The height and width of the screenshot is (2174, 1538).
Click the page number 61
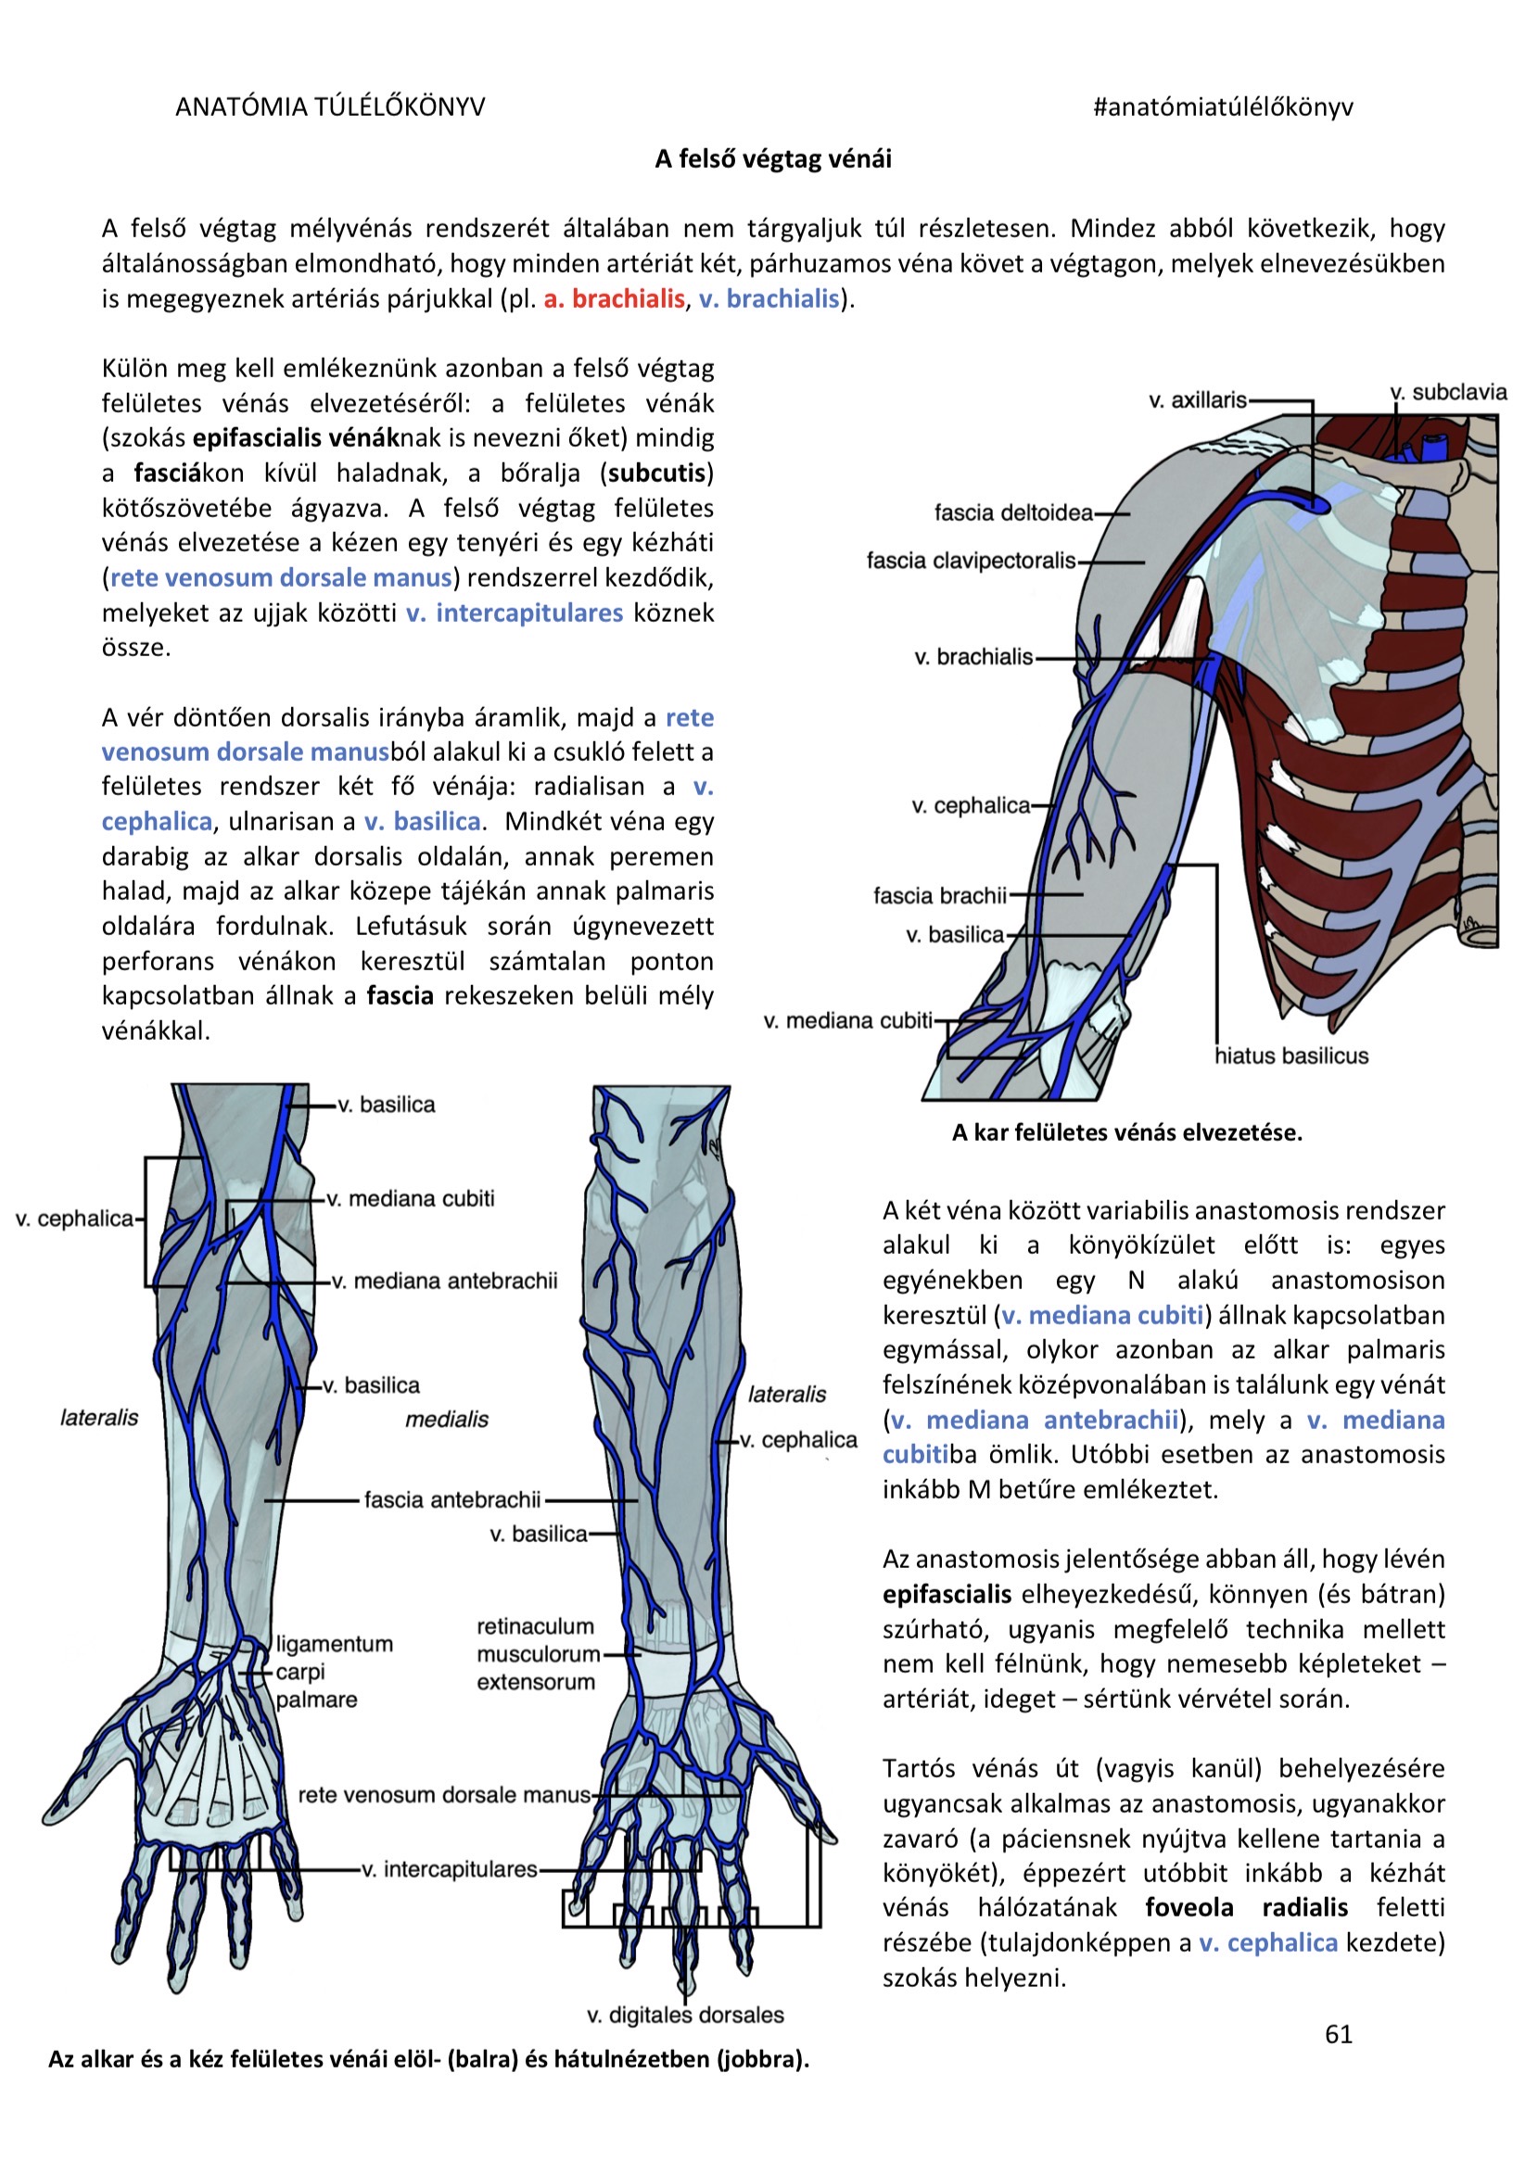pyautogui.click(x=1338, y=2034)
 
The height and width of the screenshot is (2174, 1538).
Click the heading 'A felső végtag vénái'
pyautogui.click(x=773, y=159)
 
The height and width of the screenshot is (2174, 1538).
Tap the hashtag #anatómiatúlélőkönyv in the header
pyautogui.click(x=1223, y=107)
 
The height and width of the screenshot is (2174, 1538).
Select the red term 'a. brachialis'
pyautogui.click(x=614, y=299)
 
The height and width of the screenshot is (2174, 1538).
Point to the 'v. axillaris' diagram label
pyautogui.click(x=1197, y=400)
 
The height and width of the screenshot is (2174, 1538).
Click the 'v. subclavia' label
pyautogui.click(x=1448, y=392)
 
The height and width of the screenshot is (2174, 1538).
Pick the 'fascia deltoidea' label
pyautogui.click(x=1013, y=513)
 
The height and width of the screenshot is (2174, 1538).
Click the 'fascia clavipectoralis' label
pyautogui.click(x=971, y=561)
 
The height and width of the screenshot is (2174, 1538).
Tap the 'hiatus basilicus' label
pyautogui.click(x=1291, y=1055)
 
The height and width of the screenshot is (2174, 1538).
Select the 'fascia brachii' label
pyautogui.click(x=939, y=896)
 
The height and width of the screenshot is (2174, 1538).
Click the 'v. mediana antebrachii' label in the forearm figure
pyautogui.click(x=444, y=1281)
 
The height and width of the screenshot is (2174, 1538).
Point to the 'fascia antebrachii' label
pyautogui.click(x=452, y=1499)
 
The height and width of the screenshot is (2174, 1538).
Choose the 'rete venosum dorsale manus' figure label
pyautogui.click(x=444, y=1795)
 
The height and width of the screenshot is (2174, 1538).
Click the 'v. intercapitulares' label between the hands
pyautogui.click(x=450, y=1870)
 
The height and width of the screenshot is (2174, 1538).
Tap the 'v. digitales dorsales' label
pyautogui.click(x=686, y=2015)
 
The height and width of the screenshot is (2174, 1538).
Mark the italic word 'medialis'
pyautogui.click(x=447, y=1420)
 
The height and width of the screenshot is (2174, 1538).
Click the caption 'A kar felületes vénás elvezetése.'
pyautogui.click(x=1127, y=1132)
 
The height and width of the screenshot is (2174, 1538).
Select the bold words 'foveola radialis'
pyautogui.click(x=1246, y=1907)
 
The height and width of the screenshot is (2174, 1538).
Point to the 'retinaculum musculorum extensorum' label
pyautogui.click(x=537, y=1654)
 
